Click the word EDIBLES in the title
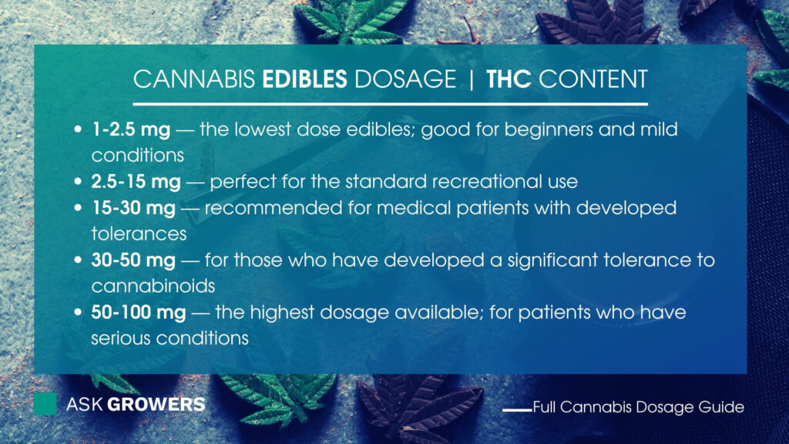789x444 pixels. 304,79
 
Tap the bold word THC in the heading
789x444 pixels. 509,79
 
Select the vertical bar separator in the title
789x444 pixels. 472,79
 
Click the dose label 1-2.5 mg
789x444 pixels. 131,129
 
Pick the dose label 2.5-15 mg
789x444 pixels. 136,182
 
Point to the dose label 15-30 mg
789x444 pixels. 133,208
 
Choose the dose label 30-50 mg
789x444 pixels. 133,261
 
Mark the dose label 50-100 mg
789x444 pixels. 139,313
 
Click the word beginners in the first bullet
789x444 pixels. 549,129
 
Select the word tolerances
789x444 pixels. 139,234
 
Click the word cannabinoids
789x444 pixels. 153,287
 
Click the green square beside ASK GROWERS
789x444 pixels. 45,404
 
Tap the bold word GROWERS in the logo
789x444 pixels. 156,404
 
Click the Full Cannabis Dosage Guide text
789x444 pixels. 638,407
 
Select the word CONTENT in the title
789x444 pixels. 593,79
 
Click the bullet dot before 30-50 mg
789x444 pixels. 78,261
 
